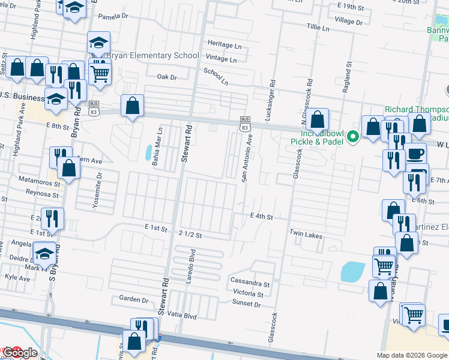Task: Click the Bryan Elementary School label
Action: pos(152,56)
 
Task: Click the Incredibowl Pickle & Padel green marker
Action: pos(354,136)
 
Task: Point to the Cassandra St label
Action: pos(250,282)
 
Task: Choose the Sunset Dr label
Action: pos(247,304)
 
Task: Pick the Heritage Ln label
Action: pos(224,45)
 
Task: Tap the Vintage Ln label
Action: pos(221,59)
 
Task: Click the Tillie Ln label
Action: pos(318,28)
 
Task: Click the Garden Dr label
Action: pos(133,299)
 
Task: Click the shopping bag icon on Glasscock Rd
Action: pos(319,119)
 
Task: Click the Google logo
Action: pos(20,353)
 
